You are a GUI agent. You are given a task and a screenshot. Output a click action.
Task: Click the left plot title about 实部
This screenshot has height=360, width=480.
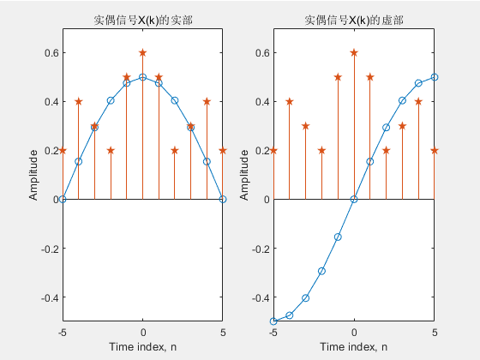tap(142, 21)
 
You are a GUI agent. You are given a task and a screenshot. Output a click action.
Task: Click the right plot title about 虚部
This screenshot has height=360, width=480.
tap(353, 21)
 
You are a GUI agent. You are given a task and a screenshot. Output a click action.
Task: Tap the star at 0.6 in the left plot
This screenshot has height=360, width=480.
tap(142, 52)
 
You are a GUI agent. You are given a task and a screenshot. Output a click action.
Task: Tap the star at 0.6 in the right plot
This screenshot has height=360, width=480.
tap(354, 52)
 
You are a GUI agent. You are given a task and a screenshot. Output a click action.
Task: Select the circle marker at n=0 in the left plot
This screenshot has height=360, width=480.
tap(142, 77)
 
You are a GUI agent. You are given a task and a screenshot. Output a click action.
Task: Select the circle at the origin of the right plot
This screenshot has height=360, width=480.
tap(354, 200)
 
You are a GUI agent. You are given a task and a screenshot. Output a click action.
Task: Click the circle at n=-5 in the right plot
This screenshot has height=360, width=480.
tap(273, 321)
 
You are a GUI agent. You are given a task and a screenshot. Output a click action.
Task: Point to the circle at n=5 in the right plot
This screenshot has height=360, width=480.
tap(435, 77)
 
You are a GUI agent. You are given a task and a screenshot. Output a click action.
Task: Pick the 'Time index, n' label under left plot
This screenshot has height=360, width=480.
tap(142, 346)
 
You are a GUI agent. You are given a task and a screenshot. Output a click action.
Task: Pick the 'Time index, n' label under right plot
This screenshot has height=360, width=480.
tap(353, 346)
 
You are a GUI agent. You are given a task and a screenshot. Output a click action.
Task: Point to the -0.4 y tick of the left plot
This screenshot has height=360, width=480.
tap(46, 297)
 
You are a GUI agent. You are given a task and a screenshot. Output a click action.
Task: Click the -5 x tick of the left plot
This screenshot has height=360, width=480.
tap(62, 331)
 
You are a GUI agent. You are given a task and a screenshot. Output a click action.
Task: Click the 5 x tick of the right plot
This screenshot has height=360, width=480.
tap(435, 331)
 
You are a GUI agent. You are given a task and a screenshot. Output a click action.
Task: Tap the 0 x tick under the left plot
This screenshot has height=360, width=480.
tap(142, 331)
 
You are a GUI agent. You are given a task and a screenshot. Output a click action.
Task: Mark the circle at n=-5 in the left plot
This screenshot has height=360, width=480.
tap(63, 200)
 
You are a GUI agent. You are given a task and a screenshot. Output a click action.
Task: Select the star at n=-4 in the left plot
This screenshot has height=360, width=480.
tap(79, 101)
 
